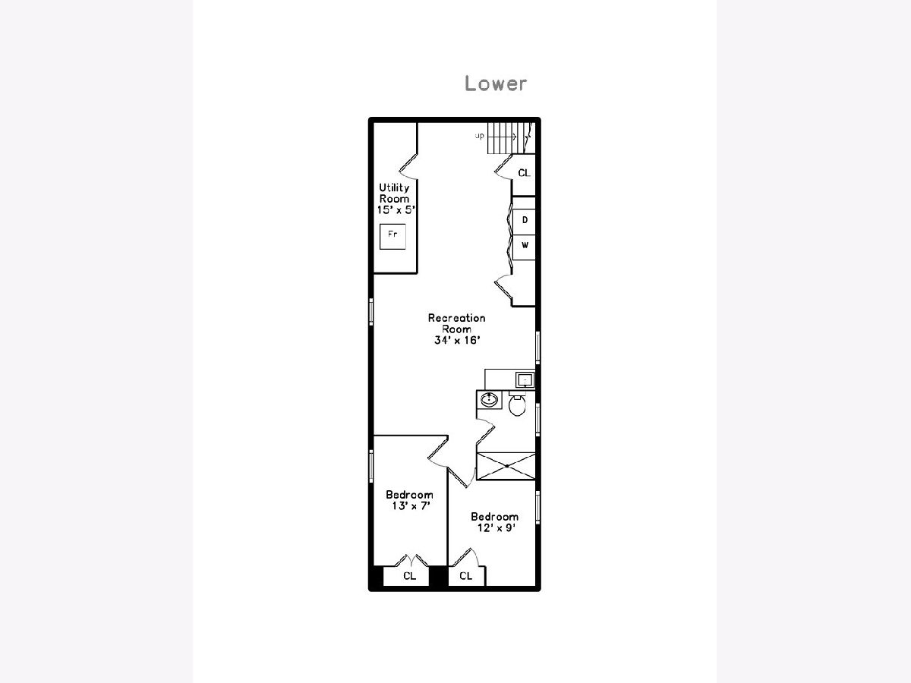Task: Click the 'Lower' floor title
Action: (x=496, y=83)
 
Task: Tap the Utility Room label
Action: (x=394, y=194)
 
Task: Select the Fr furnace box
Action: (x=392, y=236)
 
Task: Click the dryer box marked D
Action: (x=524, y=222)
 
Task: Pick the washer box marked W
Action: (x=524, y=247)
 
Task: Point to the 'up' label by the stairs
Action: (x=479, y=136)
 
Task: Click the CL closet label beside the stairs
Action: (x=524, y=173)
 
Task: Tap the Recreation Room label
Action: (x=456, y=323)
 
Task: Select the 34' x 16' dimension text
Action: (x=457, y=340)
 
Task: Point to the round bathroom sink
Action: (x=490, y=400)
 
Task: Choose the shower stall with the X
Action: (x=506, y=466)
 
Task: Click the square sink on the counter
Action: (x=525, y=379)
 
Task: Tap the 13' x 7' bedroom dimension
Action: (x=411, y=506)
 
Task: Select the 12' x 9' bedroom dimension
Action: (x=496, y=528)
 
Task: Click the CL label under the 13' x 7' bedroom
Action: (x=410, y=576)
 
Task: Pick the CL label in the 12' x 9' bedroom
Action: (x=465, y=576)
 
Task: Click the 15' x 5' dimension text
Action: (x=396, y=210)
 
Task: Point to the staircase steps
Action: (x=509, y=137)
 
